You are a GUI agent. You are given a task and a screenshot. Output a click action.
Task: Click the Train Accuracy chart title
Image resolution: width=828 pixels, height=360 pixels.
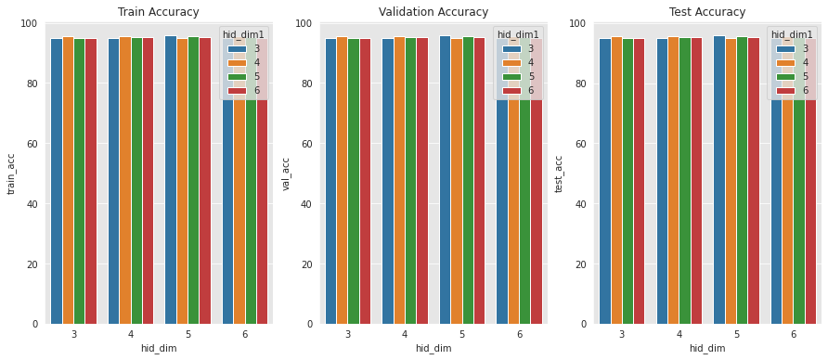pyautogui.click(x=158, y=12)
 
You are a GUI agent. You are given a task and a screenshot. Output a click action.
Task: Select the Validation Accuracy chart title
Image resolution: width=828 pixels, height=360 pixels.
pyautogui.click(x=433, y=12)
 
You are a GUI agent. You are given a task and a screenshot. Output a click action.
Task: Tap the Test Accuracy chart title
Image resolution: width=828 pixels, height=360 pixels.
pyautogui.click(x=706, y=12)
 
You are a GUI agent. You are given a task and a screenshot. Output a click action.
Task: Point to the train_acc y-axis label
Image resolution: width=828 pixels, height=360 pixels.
pyautogui.click(x=12, y=174)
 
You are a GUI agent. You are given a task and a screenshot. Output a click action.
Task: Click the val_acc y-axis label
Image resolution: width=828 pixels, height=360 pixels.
pyautogui.click(x=287, y=174)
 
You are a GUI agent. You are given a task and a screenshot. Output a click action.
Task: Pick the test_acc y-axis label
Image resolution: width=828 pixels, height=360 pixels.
pyautogui.click(x=560, y=174)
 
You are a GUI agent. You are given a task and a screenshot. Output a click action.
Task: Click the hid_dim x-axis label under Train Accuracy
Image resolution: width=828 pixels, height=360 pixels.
pyautogui.click(x=158, y=348)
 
